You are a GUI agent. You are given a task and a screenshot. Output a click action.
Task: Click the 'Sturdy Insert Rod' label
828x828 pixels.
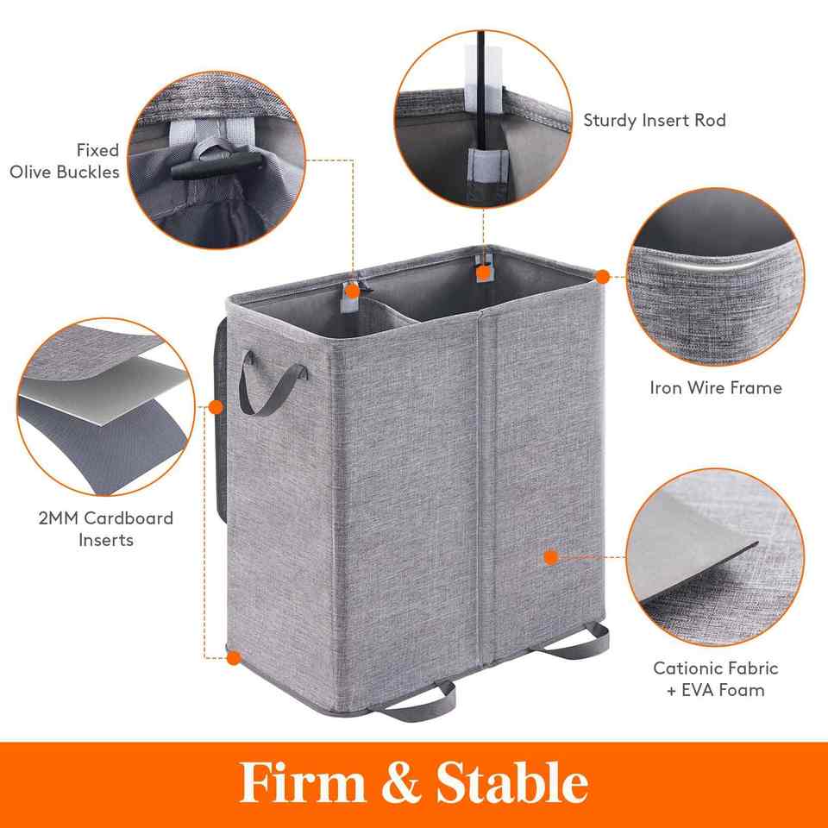pos(655,121)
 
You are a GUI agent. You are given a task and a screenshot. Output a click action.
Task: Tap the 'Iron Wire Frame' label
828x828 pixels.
pos(716,388)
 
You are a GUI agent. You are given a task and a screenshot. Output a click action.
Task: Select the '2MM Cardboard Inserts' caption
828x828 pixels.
pos(105,529)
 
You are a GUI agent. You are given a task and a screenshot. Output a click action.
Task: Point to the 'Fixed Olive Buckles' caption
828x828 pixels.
pos(65,161)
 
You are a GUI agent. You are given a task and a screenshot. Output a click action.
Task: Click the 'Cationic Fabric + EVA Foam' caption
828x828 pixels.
pos(716,679)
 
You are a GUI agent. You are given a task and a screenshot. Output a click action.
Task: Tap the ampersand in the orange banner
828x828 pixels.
pos(401,781)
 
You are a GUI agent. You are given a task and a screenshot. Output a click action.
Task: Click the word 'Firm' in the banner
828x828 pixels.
pos(303,781)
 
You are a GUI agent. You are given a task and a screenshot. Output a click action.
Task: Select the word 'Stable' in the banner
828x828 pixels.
pos(511,781)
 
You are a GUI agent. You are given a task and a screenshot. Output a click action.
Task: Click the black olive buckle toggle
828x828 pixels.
pos(216,165)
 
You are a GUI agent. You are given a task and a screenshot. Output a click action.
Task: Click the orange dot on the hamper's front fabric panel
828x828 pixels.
pos(551,557)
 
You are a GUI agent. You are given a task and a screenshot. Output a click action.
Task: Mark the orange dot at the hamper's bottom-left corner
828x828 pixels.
pos(234,658)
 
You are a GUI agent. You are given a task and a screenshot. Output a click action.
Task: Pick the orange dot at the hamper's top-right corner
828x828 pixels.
pos(603,277)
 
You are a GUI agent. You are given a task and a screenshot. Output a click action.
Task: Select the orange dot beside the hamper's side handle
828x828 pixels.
pos(216,407)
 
